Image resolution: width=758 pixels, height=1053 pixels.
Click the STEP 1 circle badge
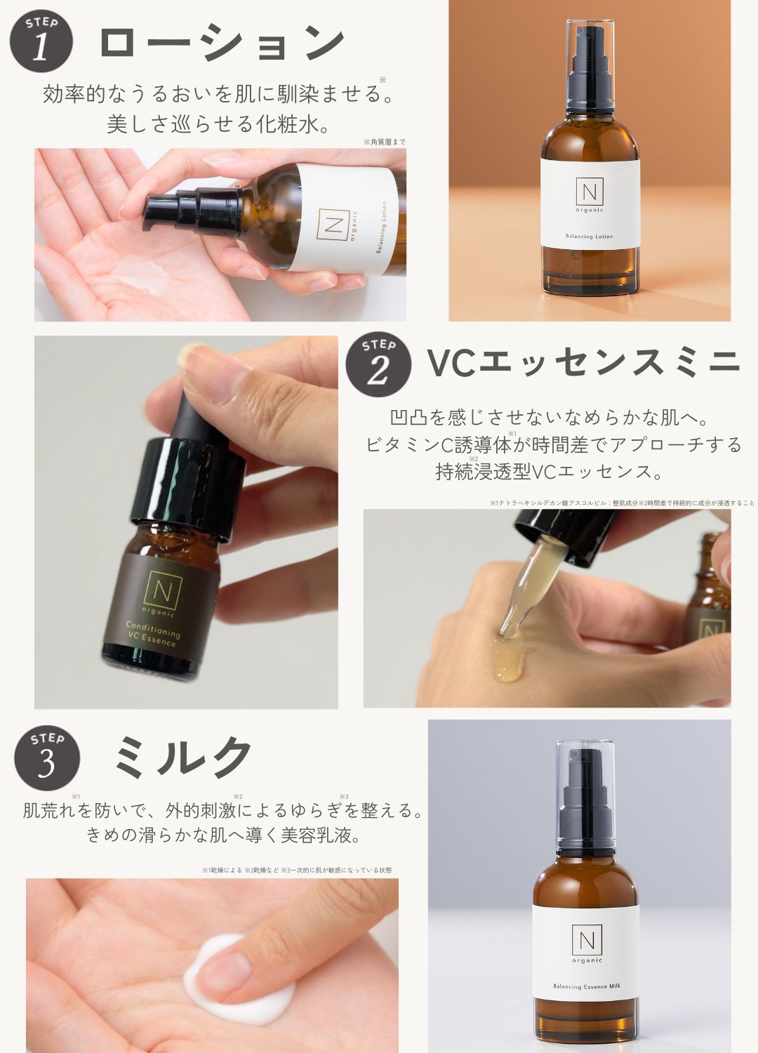click(x=41, y=40)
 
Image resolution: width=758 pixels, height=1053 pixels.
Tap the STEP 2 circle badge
click(x=378, y=364)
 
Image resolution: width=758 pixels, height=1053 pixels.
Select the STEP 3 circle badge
click(x=47, y=758)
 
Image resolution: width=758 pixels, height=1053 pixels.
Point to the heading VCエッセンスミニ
click(x=583, y=362)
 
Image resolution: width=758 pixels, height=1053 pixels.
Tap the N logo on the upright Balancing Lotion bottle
click(x=590, y=191)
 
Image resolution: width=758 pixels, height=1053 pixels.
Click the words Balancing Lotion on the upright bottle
click(x=590, y=237)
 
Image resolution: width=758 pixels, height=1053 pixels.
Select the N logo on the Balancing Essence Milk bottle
click(x=586, y=941)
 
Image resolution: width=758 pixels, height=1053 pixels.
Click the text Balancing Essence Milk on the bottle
click(x=586, y=986)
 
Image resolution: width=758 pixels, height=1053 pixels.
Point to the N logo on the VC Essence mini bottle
click(x=161, y=588)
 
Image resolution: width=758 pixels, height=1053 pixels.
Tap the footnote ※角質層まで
click(x=384, y=142)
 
